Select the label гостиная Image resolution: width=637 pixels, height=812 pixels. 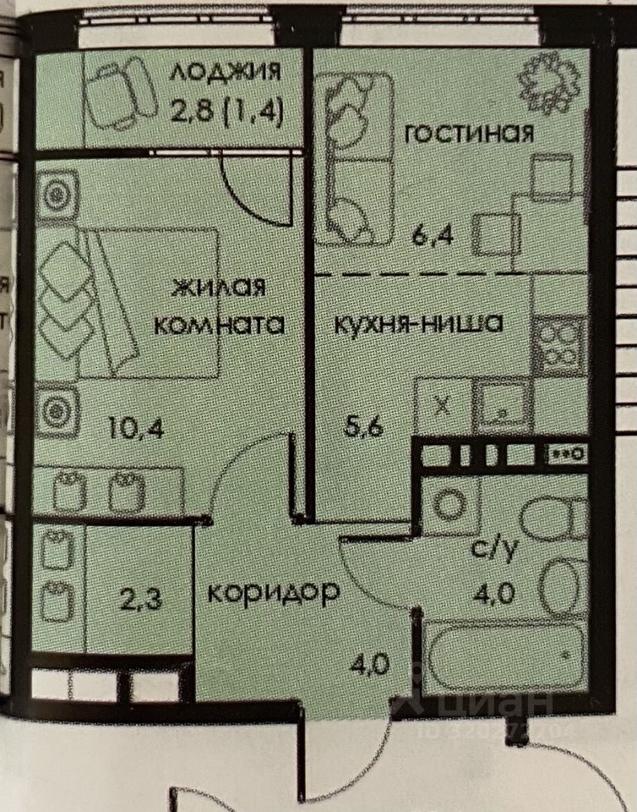click(x=469, y=134)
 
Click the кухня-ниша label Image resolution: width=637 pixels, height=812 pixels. click(x=420, y=322)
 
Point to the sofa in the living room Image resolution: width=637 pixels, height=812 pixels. click(x=353, y=156)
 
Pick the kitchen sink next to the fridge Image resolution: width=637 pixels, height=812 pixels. click(x=501, y=407)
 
